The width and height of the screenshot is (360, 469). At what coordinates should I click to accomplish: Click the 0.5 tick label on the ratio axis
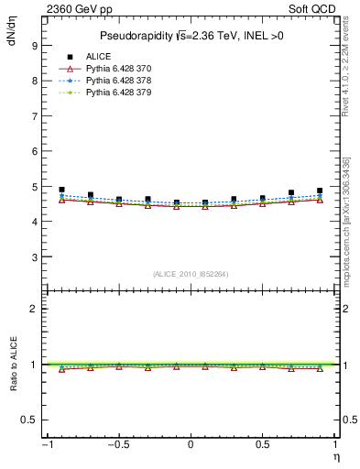click(x=29, y=420)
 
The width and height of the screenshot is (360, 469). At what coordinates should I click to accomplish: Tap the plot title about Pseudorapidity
click(x=190, y=36)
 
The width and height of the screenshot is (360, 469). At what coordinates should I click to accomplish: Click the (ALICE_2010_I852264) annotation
click(x=191, y=273)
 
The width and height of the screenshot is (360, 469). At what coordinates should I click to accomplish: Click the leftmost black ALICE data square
click(x=61, y=190)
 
